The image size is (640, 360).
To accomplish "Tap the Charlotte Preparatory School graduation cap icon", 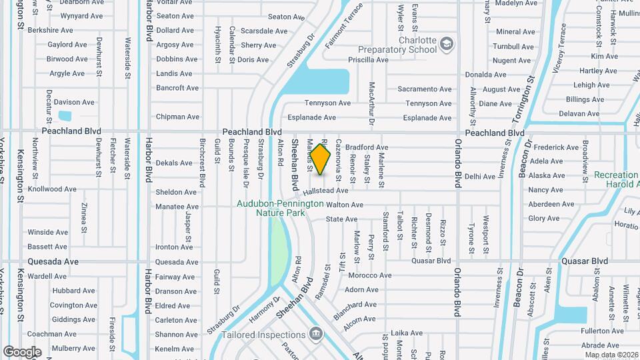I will (x=447, y=45).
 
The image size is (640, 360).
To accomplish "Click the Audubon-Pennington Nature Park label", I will (x=281, y=208).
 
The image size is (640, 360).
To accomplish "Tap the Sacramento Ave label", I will (x=425, y=89).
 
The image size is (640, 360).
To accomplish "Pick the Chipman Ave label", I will (x=177, y=117).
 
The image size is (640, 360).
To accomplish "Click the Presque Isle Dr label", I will (x=246, y=162).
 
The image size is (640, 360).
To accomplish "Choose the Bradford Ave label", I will (x=366, y=147).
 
